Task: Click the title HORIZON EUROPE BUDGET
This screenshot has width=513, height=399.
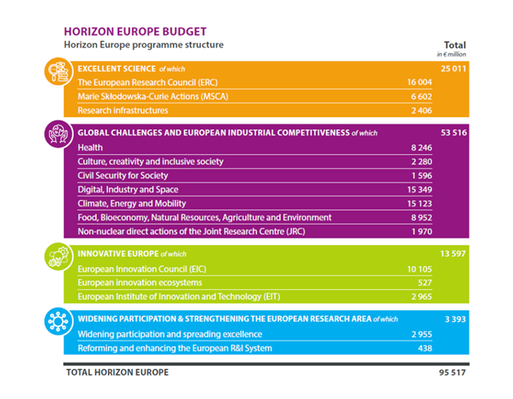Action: [135, 31]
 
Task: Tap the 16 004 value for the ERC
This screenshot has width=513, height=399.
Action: [420, 83]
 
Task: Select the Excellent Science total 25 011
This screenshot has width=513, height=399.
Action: [454, 69]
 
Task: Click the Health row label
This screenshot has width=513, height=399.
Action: [91, 148]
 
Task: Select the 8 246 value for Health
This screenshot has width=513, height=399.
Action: [421, 148]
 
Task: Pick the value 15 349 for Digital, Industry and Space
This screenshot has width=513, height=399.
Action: [420, 189]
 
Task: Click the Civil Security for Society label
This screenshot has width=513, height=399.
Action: [123, 176]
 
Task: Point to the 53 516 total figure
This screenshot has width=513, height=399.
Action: [454, 133]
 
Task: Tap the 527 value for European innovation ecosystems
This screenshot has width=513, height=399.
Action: [425, 283]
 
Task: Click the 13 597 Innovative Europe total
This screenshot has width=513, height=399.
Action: [454, 254]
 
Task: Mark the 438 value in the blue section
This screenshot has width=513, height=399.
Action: [425, 348]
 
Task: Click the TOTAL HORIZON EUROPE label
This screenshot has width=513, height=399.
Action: [117, 373]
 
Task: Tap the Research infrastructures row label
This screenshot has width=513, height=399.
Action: [123, 111]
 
